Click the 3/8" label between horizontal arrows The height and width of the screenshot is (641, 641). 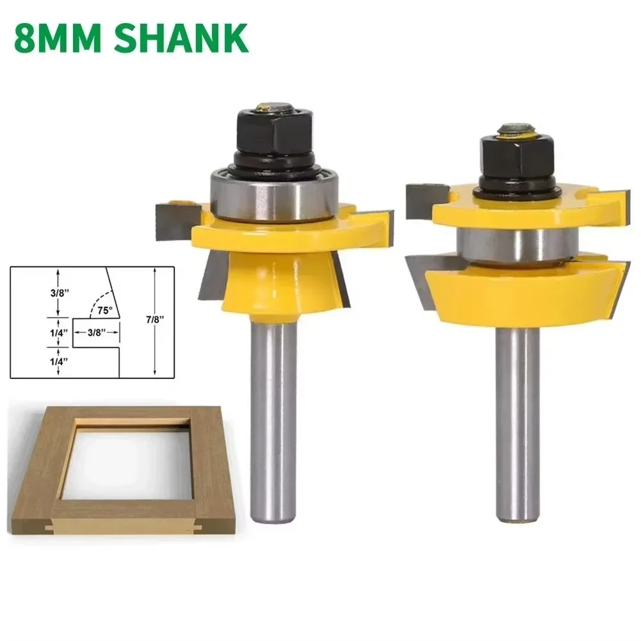95,332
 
